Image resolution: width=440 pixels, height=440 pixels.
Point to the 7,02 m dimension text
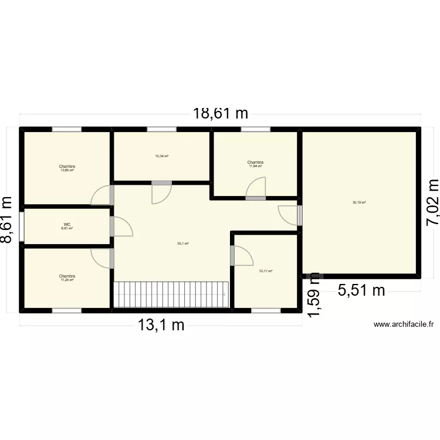click(431, 202)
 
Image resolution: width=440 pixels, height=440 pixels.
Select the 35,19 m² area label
click(359, 203)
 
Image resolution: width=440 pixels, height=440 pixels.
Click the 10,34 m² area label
click(161, 156)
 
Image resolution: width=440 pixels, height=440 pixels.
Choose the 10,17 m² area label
click(265, 270)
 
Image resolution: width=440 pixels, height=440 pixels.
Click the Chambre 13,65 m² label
click(67, 168)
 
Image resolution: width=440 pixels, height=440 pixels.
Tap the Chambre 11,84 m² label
click(255, 164)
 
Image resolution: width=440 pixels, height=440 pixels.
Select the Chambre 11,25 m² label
click(67, 278)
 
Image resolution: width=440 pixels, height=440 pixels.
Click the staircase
click(170, 295)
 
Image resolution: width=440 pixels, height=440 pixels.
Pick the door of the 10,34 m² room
click(161, 192)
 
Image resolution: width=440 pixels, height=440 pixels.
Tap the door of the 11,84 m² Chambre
click(256, 189)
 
